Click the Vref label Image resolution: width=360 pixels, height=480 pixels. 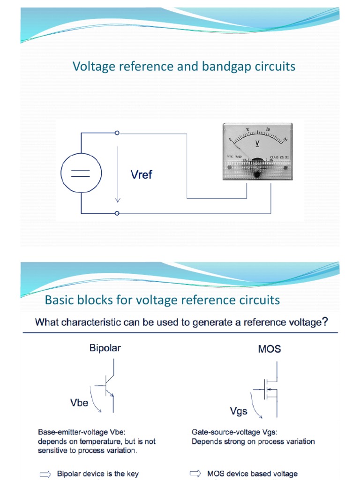click(141, 175)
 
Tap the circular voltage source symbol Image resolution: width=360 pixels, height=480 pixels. click(81, 173)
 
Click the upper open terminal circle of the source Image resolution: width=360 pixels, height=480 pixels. click(117, 133)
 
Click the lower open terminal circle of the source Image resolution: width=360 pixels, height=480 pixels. click(117, 213)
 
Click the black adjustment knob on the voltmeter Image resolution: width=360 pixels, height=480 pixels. click(257, 174)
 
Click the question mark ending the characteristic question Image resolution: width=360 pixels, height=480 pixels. click(325, 322)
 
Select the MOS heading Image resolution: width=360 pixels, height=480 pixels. click(270, 349)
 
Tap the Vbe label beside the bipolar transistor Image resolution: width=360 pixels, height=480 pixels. click(79, 403)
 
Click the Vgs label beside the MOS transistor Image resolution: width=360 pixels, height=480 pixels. click(239, 411)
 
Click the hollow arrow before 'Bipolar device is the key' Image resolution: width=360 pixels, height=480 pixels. click(45, 474)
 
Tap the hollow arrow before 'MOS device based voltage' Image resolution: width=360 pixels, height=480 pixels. click(196, 473)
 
